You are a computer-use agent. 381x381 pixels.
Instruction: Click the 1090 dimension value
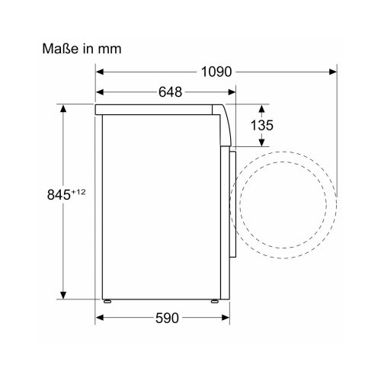coord(216,72)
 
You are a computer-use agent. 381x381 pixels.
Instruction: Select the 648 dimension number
coord(170,92)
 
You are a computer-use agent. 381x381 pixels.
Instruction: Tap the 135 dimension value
coord(262,125)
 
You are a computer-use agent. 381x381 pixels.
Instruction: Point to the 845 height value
coord(59,195)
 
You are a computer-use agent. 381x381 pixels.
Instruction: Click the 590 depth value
coord(167,318)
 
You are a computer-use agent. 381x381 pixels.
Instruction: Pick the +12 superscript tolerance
coord(78,192)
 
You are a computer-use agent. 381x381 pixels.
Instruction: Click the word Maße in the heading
coord(60,49)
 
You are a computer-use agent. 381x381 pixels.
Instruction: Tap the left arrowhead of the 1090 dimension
coord(100,72)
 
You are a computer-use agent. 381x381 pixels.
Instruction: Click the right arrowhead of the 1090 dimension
coord(333,72)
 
